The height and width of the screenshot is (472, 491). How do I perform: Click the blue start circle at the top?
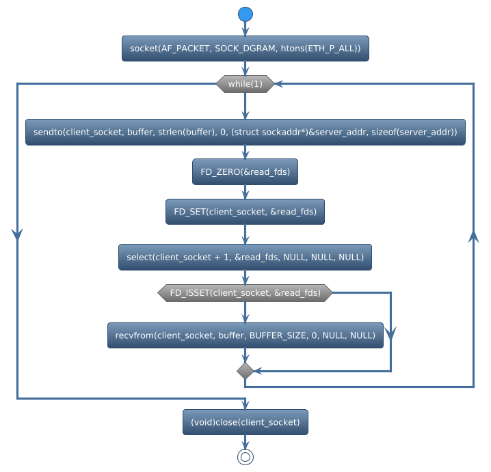coord(245,14)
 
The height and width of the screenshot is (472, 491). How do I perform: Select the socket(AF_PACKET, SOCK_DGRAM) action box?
coord(245,48)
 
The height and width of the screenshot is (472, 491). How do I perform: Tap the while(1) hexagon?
coord(245,84)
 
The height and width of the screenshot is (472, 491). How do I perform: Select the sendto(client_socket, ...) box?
coord(245,132)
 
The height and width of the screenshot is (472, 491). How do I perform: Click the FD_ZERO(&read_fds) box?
coord(245,172)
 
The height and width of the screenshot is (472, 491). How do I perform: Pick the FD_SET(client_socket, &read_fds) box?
coord(245,212)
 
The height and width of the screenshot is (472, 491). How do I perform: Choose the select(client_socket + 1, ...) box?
coord(245,257)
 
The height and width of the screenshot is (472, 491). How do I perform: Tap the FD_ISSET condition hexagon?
coord(245,293)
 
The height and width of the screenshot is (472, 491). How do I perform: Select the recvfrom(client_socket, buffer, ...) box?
coord(245,335)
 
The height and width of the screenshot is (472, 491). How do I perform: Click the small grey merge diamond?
coord(245,371)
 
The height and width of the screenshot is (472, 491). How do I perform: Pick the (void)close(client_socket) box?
coord(245,422)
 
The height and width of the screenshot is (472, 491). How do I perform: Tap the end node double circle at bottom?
coord(245,457)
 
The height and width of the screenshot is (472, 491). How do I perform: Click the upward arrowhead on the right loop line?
coord(473,236)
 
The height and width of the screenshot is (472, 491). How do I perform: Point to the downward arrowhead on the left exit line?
coord(17,234)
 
